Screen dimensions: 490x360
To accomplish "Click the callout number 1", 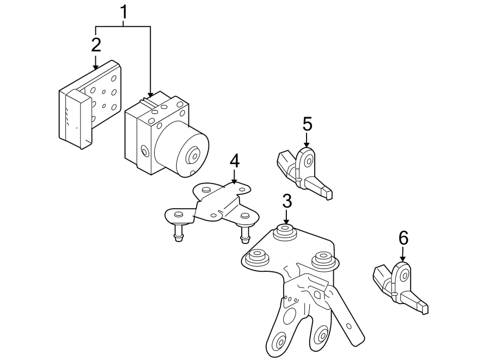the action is (124, 13).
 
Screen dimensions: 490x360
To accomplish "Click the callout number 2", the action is (96, 45).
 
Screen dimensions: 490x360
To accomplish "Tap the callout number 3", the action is (287, 201).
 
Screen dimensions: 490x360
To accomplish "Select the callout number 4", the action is (235, 161).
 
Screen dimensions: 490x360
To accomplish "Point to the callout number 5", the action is (308, 124).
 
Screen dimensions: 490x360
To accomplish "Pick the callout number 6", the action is (403, 238).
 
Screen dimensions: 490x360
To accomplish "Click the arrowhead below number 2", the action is (96, 66).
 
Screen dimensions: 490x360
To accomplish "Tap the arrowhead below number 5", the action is (307, 144).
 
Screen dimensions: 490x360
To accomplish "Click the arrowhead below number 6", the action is (403, 259).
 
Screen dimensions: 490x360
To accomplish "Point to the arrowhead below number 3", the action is (286, 221).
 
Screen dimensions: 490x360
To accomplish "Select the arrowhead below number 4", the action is (234, 181).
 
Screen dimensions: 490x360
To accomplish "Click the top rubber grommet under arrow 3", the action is (284, 232).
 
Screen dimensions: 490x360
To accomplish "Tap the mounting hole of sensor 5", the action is (309, 162).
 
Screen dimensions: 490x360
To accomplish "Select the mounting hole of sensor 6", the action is (405, 276).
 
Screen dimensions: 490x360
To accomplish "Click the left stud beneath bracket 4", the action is (178, 233).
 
